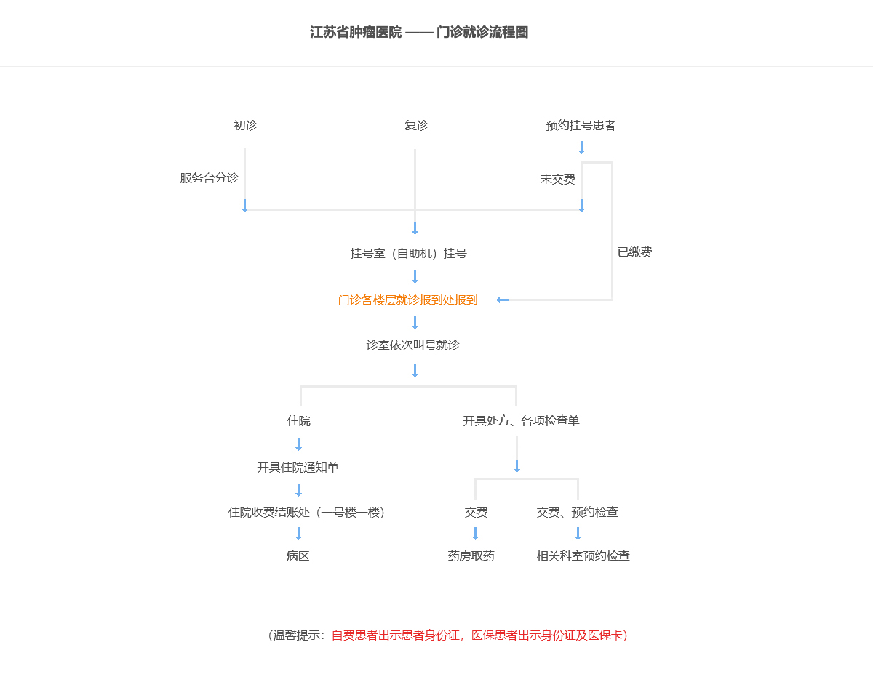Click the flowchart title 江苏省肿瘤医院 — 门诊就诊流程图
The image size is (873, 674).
418,32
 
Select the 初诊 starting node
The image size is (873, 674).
245,125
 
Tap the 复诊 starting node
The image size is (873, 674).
416,125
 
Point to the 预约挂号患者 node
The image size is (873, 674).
581,125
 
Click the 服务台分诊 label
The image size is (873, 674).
209,178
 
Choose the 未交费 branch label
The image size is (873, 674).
557,179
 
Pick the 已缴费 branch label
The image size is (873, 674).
635,252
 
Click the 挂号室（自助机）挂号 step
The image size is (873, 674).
408,253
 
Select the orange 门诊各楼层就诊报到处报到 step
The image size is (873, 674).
407,300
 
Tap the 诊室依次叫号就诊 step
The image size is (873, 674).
412,345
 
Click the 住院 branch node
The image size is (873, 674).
298,421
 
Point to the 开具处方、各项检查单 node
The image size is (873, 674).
521,421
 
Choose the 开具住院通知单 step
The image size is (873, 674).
298,468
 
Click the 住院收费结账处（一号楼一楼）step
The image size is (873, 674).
306,512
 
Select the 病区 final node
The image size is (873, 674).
298,556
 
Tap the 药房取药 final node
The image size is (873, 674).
471,556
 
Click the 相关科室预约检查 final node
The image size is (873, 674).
583,556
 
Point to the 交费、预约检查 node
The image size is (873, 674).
578,512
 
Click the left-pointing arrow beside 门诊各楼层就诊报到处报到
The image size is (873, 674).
503,300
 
